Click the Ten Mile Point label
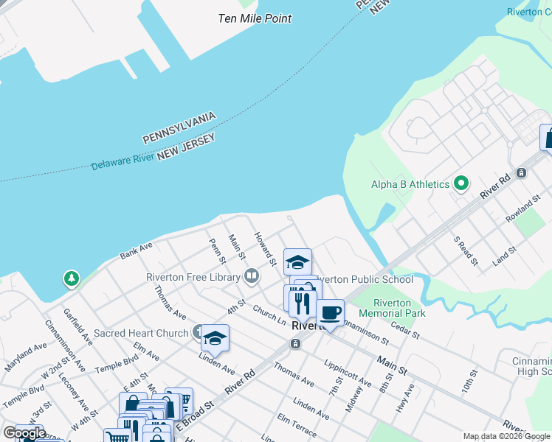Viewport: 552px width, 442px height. click(x=255, y=18)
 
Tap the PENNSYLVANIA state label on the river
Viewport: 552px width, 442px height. click(x=179, y=128)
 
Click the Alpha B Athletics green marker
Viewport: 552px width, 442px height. click(x=462, y=183)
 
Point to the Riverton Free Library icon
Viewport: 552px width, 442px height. click(x=252, y=277)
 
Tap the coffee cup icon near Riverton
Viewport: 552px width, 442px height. click(x=330, y=313)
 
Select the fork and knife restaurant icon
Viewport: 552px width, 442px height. click(x=302, y=303)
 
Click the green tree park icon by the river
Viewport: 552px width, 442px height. click(x=71, y=279)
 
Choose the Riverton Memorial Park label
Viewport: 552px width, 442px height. click(x=399, y=308)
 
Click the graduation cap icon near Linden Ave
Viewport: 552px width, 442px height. click(x=215, y=337)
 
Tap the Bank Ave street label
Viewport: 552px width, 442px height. click(x=136, y=251)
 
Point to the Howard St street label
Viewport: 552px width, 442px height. click(x=265, y=248)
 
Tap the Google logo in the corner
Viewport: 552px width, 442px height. click(x=24, y=433)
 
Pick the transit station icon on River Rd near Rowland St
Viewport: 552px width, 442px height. click(x=522, y=173)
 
